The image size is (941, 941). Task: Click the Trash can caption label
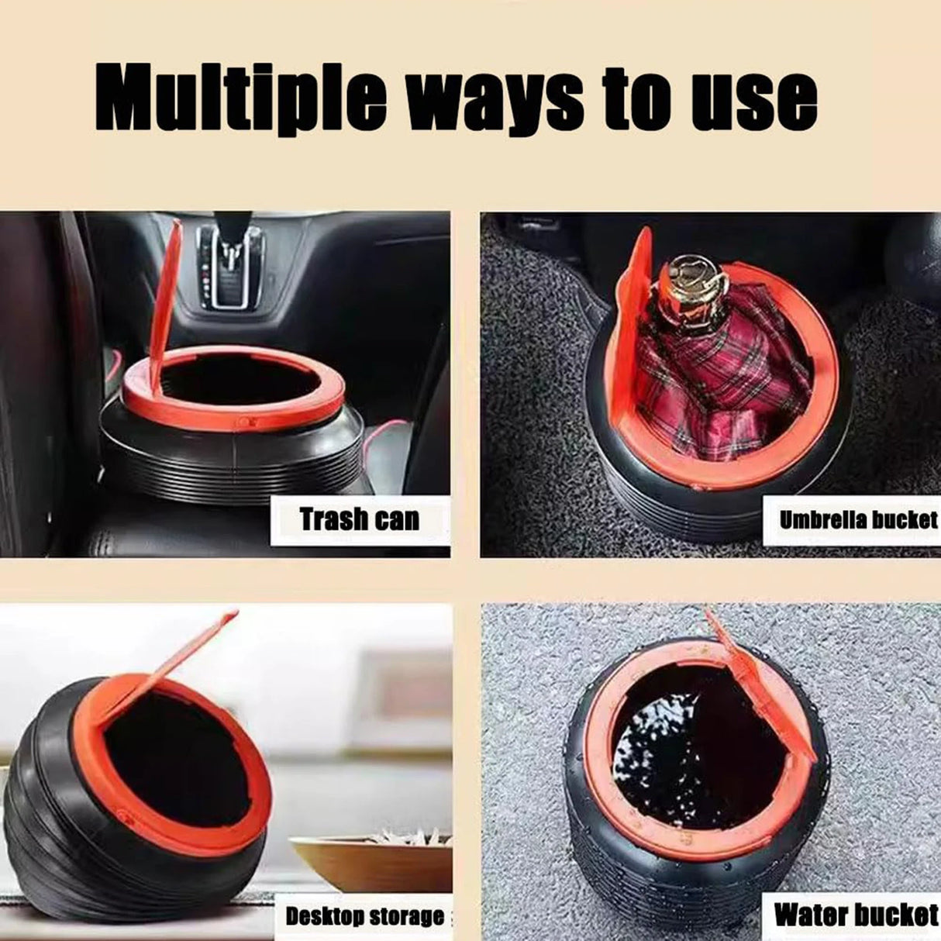point(360,519)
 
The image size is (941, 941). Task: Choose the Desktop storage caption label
point(364,916)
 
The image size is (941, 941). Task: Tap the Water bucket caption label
point(856,915)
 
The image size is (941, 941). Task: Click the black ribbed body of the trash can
point(233,465)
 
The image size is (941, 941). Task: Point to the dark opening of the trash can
point(233,388)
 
